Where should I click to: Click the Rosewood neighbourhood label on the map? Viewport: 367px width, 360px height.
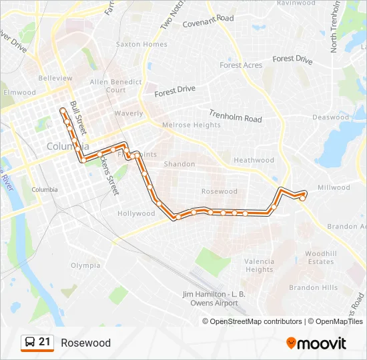219,191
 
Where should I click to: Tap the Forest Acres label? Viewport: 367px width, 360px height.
241,65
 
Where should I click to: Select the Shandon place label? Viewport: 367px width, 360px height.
179,164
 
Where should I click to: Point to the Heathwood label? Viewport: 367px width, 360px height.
254,160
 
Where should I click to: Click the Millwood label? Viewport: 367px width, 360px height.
334,188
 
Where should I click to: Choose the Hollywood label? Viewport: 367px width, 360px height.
136,214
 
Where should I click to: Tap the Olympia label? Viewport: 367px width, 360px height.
85,265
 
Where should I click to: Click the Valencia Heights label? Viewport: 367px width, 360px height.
259,265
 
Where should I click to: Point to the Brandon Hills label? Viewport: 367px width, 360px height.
313,288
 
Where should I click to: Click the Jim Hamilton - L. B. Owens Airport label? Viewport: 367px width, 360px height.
210,298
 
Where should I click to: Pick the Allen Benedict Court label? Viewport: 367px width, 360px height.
116,86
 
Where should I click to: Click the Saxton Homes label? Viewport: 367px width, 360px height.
141,45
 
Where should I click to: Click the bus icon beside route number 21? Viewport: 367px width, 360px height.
29,343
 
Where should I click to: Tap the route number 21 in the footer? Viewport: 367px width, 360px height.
45,342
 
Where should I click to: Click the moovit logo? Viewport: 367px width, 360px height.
316,343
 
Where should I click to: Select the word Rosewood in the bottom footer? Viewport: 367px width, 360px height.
85,343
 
